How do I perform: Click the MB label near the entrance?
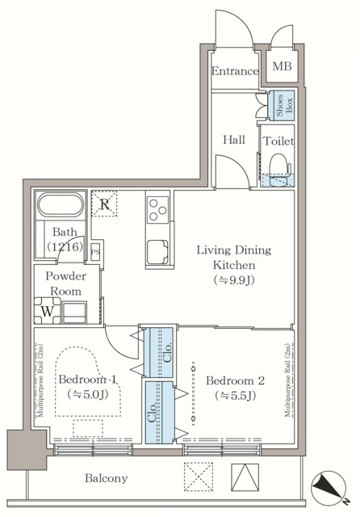282,66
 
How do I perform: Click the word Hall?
234,140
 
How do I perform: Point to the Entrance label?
235,71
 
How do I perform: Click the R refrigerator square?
104,204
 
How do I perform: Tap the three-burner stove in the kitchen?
157,209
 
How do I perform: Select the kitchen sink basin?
157,252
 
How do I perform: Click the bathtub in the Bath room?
61,204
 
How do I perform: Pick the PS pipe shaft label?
95,252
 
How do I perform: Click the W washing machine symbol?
48,310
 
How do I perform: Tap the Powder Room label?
65,284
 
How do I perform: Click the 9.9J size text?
234,280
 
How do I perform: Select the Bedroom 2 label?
235,380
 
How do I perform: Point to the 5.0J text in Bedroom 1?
88,393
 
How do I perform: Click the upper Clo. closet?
159,352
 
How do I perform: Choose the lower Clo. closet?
159,413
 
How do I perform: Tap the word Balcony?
106,478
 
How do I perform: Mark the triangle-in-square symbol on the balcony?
245,477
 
